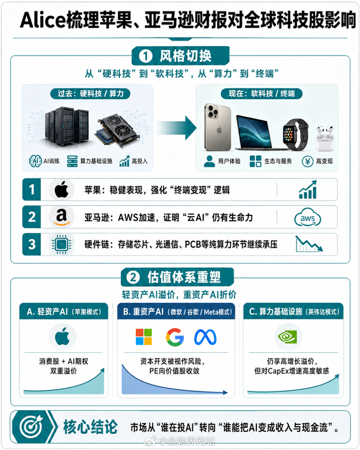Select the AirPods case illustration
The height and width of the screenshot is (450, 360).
pos(325,138)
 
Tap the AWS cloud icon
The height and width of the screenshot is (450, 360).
pos(307,217)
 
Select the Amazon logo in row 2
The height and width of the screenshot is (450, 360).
pos(61,217)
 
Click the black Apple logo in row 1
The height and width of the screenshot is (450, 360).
pos(61,189)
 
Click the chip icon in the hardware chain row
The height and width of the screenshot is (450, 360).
pos(61,244)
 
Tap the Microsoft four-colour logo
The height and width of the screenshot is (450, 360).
pos(144,337)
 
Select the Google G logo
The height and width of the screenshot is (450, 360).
pos(175,337)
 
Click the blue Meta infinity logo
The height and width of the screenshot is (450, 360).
pos(205,337)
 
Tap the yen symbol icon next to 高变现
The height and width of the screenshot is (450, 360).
pos(307,161)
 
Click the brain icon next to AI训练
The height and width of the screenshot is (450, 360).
pos(35,161)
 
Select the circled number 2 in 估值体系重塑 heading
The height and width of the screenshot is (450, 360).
pos(133,277)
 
